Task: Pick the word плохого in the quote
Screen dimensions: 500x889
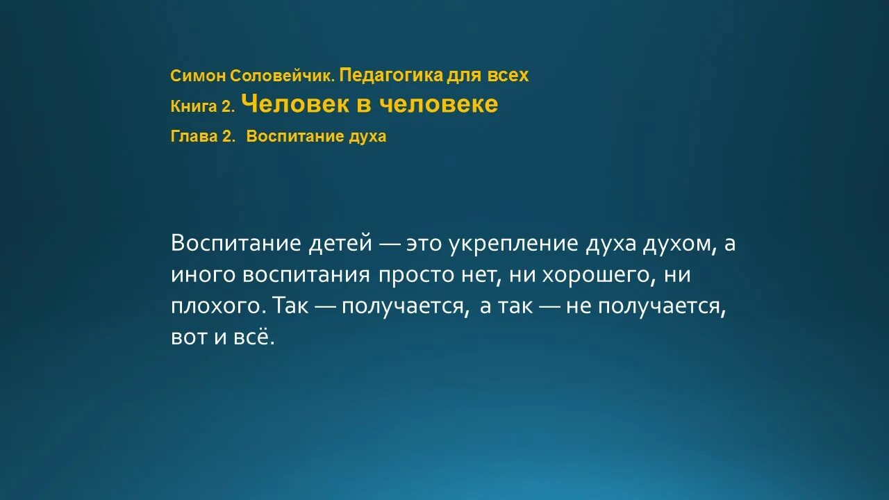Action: point(218,306)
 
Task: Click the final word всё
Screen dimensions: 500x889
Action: point(256,337)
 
